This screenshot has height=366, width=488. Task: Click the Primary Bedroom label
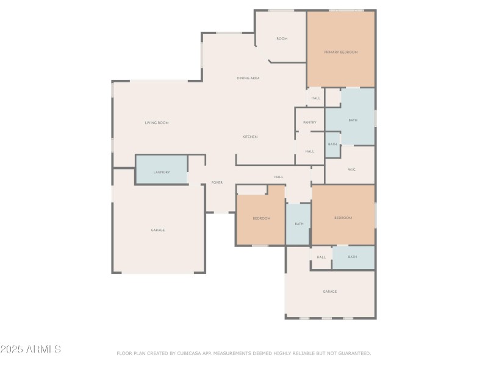(340, 52)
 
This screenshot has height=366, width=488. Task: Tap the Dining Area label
(248, 79)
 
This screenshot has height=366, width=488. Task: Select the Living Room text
(156, 123)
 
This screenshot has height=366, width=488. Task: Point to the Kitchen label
(250, 137)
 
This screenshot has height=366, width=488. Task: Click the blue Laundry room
(162, 172)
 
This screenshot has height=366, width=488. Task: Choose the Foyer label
(217, 182)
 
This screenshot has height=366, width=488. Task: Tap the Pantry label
(310, 123)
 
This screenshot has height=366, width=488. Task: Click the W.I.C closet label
(351, 169)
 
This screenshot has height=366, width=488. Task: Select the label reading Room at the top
(281, 39)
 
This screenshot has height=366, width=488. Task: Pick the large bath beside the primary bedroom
(353, 120)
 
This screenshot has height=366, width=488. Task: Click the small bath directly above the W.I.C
(332, 145)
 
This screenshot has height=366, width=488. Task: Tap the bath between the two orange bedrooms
(299, 224)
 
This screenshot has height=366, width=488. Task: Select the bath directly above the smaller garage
(353, 257)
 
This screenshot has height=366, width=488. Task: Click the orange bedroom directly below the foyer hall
(261, 218)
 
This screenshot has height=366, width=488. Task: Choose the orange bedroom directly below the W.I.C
(343, 218)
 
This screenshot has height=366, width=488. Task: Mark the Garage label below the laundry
(158, 230)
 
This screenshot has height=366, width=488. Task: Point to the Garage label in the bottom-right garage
(329, 292)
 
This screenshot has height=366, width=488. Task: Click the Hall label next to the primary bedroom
(315, 98)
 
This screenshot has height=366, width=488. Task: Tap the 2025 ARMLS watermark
(30, 350)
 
